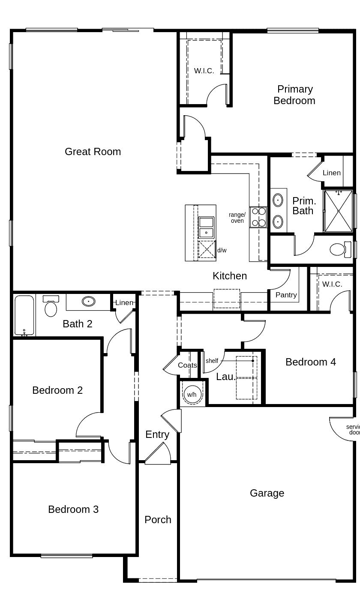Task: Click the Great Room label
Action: click(93, 152)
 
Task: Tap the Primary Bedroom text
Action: click(294, 95)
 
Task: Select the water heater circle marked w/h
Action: click(192, 394)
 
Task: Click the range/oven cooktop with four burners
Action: click(258, 217)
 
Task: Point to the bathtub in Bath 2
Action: click(24, 315)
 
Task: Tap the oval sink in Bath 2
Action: click(89, 301)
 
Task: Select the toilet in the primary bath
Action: click(340, 249)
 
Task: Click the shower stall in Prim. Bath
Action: click(339, 211)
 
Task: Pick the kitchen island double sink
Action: click(206, 228)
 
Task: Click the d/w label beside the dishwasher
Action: click(222, 250)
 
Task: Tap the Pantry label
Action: click(286, 295)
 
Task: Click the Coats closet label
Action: click(187, 365)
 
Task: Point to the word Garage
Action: click(267, 493)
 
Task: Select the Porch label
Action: click(158, 520)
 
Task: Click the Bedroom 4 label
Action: click(311, 362)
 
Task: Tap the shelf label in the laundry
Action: click(212, 361)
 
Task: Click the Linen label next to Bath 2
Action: click(124, 302)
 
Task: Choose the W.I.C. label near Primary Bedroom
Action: click(204, 71)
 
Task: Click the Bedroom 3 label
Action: click(73, 509)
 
